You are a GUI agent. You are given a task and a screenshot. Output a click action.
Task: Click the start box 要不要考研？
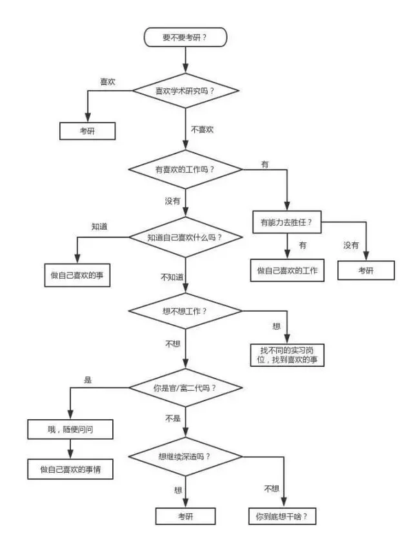tap(185, 36)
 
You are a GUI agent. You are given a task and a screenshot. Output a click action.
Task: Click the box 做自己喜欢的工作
tap(285, 270)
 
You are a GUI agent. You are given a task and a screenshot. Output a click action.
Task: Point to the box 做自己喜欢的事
tap(78, 274)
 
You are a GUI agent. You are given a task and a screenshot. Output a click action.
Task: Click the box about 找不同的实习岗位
tap(286, 354)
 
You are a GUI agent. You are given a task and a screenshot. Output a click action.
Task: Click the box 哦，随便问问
tap(70, 429)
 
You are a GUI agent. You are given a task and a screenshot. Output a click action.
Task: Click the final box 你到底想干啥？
tap(286, 515)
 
